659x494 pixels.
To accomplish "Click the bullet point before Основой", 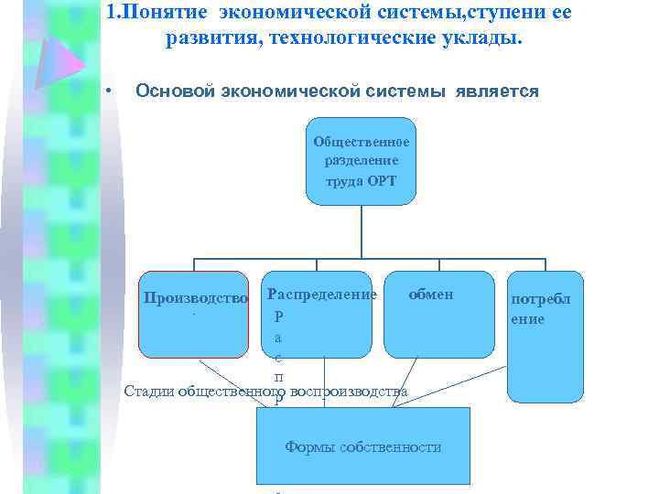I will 108,91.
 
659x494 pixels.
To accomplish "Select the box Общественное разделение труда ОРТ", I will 362,160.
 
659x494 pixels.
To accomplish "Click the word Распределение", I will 321,295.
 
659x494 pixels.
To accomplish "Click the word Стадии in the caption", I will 148,392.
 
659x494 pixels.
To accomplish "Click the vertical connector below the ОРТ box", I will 362,229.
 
